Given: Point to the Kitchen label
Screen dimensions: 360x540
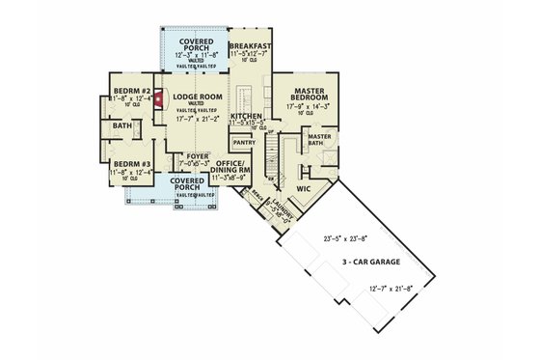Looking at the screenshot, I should (247, 115).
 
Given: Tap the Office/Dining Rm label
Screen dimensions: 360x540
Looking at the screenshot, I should (234, 166).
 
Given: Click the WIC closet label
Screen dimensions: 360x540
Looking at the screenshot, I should (304, 189).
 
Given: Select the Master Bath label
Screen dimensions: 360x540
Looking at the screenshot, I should (320, 140).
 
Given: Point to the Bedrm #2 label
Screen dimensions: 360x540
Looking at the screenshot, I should (130, 90).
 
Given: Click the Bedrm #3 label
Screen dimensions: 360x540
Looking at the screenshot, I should (130, 164).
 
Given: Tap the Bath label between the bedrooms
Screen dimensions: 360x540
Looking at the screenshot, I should (122, 126).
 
